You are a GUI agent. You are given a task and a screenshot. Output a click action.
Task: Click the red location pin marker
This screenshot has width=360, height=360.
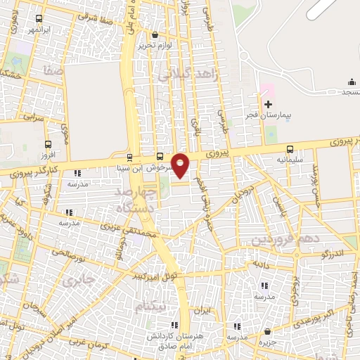pyautogui.click(x=181, y=165)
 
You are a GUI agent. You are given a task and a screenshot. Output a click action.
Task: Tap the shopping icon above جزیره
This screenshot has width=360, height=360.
pyautogui.click(x=268, y=331)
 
